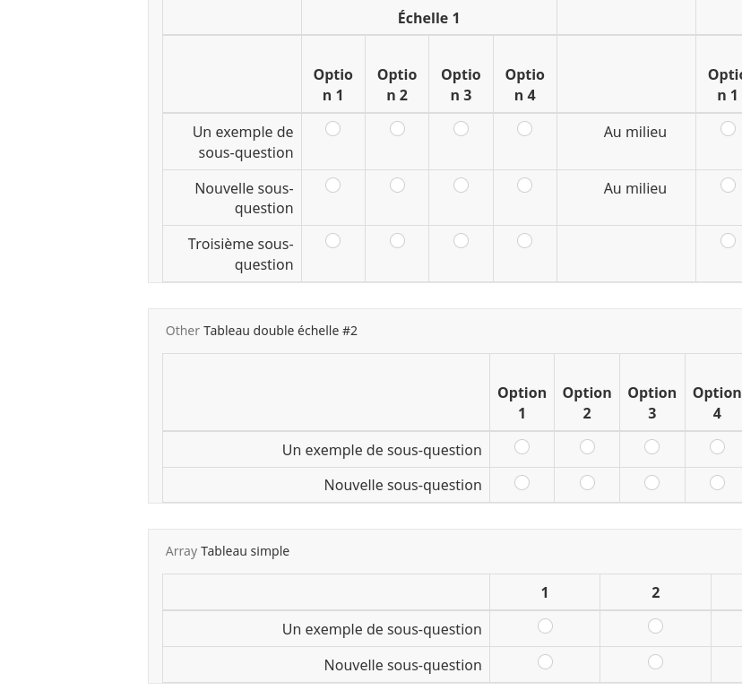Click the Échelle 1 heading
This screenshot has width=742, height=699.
[x=428, y=18]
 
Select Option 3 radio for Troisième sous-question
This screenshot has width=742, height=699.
[x=461, y=241]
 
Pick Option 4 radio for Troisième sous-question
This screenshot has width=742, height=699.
[x=524, y=241]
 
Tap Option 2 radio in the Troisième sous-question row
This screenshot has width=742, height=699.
[x=397, y=241]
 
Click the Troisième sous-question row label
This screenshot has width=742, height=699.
[x=240, y=254]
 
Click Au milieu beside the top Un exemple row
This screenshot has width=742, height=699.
[x=634, y=132]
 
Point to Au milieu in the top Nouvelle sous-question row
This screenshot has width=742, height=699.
[x=634, y=188]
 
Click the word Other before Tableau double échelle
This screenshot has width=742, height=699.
[x=182, y=331]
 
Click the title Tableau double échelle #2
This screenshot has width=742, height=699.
[x=280, y=331]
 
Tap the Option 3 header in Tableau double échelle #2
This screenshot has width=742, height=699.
[x=651, y=402]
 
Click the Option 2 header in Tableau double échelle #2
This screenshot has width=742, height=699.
[x=586, y=402]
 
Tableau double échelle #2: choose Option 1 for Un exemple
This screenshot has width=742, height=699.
[x=522, y=447]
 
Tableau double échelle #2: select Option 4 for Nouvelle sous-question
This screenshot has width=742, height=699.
[x=717, y=483]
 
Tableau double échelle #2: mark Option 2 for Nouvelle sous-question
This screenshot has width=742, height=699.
[x=587, y=483]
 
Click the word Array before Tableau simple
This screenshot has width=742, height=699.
[x=181, y=551]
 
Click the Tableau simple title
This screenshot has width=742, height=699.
[x=245, y=551]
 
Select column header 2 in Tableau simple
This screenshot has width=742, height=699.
[x=655, y=592]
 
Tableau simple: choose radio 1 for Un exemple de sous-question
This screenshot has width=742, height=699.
[x=545, y=626]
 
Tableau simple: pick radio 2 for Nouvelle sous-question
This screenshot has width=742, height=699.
[x=655, y=662]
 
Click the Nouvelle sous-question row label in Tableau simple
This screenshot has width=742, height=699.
[x=402, y=665]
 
